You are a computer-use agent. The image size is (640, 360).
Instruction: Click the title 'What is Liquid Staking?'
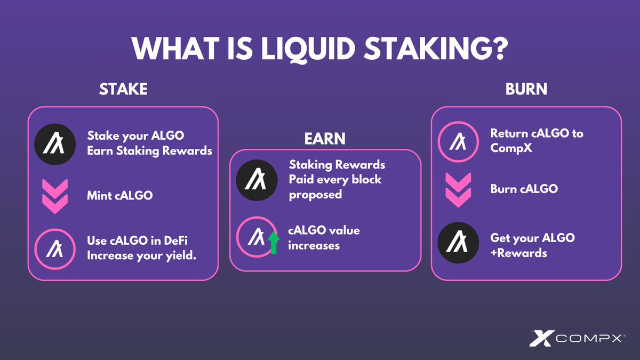[x=319, y=49]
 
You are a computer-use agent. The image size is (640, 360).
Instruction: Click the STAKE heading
[x=123, y=90]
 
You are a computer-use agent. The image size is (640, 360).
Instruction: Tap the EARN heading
[x=325, y=139]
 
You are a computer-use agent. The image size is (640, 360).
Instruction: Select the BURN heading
[x=526, y=90]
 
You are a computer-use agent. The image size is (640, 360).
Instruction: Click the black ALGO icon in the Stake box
[x=54, y=143]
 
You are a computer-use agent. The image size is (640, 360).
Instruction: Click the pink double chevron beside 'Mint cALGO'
[x=54, y=195]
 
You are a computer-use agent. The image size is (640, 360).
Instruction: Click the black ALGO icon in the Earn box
[x=257, y=180]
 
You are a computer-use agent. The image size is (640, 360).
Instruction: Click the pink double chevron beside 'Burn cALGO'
[x=458, y=189]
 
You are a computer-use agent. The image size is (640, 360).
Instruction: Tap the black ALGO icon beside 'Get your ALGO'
[x=458, y=245]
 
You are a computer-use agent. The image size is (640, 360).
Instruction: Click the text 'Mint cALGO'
[x=119, y=196]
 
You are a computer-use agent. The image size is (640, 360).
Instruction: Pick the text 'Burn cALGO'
[x=524, y=189]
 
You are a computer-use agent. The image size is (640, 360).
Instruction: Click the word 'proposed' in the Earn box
[x=315, y=195]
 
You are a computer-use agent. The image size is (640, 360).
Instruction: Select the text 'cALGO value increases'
[x=324, y=238]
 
